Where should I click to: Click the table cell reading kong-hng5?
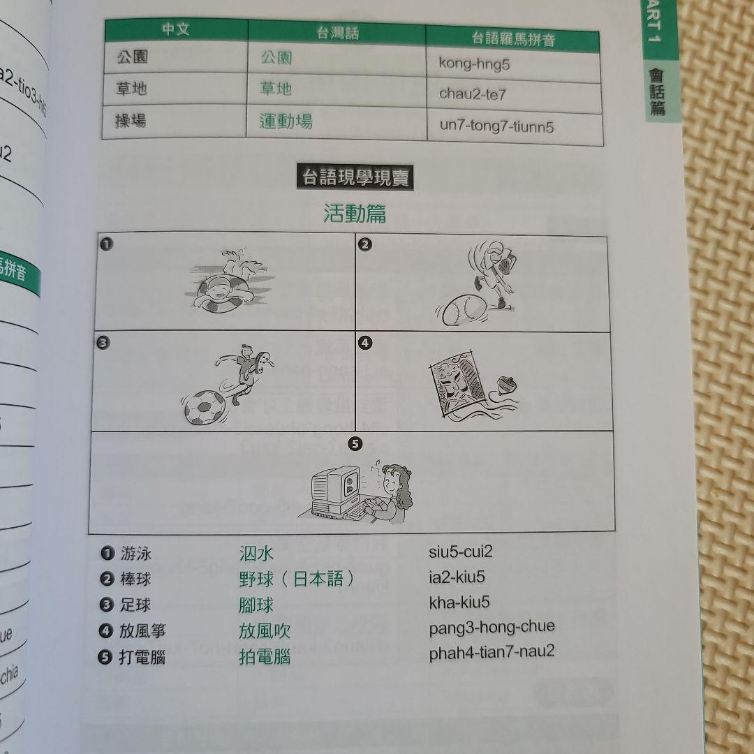pos(475,64)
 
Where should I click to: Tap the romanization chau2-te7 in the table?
pos(473,94)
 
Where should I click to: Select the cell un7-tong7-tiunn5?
pos(497,127)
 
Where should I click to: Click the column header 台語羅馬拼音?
pos(513,38)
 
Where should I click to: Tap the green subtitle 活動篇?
pos(355,214)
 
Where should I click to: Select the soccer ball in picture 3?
pos(205,407)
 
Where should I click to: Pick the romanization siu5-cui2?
pos(461,552)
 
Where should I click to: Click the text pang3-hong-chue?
pos(491,627)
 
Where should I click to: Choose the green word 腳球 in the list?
pos(256,605)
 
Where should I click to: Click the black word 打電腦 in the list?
pos(142,657)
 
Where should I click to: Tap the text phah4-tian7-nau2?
pos(491,652)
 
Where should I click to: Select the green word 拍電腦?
pos(265,657)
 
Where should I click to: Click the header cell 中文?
pos(175,30)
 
